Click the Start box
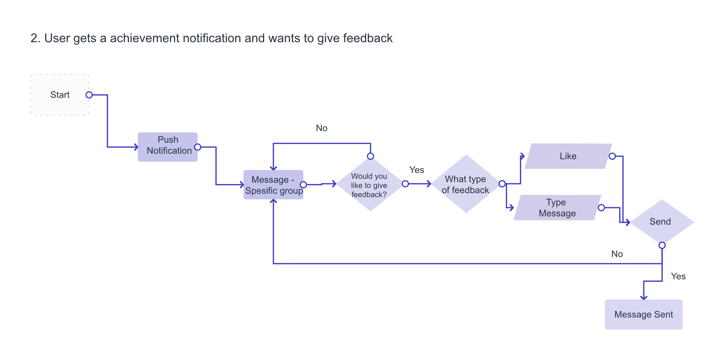tap(60, 95)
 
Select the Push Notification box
tap(167, 147)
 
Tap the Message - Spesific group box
tap(273, 185)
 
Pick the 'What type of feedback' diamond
tap(466, 184)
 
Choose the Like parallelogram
tap(568, 156)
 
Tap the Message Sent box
tap(644, 314)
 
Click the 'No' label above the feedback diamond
tap(322, 128)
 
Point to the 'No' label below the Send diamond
tap(617, 254)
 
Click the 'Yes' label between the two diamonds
tap(417, 170)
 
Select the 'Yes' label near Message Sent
tap(678, 276)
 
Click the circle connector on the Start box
tap(89, 95)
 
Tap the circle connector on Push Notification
tap(198, 147)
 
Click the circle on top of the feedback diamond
tap(370, 156)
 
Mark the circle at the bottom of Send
tap(662, 245)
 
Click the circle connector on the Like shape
tap(612, 156)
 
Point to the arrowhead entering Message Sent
tap(644, 298)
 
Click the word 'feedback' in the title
tap(368, 38)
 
